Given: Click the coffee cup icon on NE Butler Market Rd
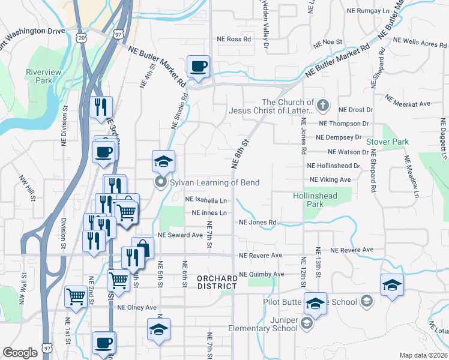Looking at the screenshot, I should click(198, 66).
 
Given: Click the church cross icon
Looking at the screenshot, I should click(323, 106).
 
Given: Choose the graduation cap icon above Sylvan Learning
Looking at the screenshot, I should click(163, 161).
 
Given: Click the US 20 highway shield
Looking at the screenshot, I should click(82, 37).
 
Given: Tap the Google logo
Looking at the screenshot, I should click(20, 353).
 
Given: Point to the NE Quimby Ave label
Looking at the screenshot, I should click(261, 274).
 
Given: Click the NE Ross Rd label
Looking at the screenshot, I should click(234, 38).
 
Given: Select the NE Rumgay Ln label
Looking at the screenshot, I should click(368, 11).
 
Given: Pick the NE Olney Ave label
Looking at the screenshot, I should click(137, 307).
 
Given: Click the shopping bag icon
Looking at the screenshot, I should click(142, 248).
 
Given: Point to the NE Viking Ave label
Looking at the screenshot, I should click(330, 179).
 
